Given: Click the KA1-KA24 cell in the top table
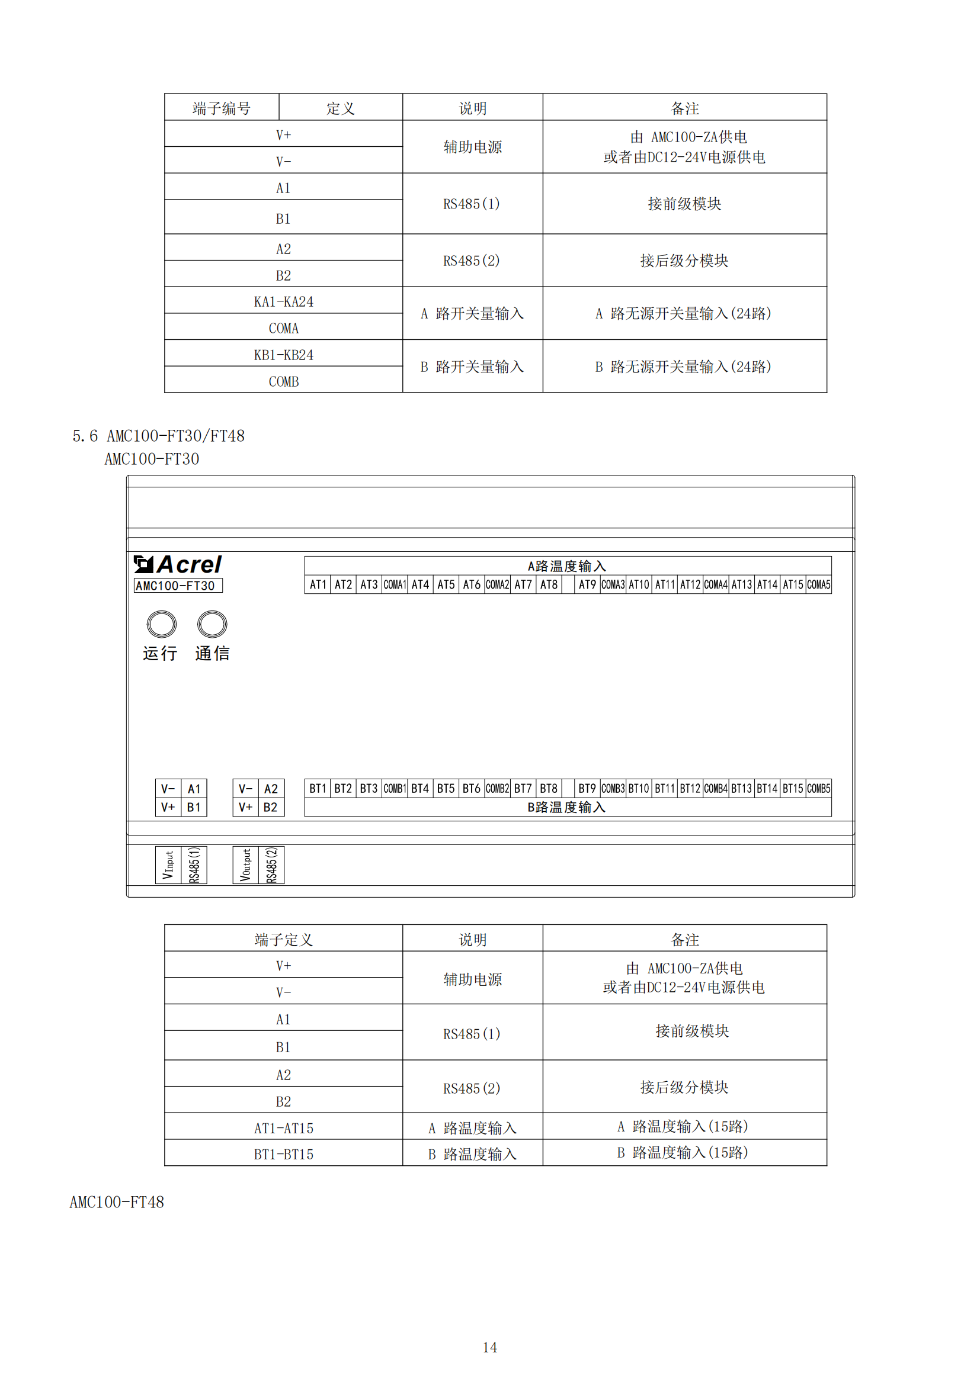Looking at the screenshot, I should tap(284, 301).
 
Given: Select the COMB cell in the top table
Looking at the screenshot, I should tap(284, 381).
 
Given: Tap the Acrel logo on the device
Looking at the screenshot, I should tap(178, 565).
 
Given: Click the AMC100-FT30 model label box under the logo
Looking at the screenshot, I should tap(178, 586).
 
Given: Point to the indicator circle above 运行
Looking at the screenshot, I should tap(162, 624).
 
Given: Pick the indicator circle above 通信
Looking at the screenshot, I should tap(213, 624).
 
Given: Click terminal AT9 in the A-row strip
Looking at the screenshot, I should tap(587, 584).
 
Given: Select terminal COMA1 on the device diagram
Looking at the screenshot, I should tap(395, 584).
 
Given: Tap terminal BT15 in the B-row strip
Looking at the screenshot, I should tap(793, 788).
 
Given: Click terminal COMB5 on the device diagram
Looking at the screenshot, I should tap(819, 788).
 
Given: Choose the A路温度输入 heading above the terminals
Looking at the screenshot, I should tap(566, 566).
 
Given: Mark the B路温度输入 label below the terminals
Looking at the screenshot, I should tap(566, 807).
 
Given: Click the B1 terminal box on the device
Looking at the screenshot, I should tap(194, 807).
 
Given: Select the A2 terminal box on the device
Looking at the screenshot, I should tap(271, 788).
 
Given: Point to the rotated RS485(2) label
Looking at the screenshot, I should tap(271, 865).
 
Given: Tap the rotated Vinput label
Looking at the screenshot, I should tap(168, 865).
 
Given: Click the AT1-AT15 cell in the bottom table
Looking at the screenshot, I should tap(284, 1128).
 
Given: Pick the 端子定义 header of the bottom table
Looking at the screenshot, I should tap(284, 939).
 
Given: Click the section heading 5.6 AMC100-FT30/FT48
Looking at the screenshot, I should tap(159, 436).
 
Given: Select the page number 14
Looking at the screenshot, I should tap(490, 1347).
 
